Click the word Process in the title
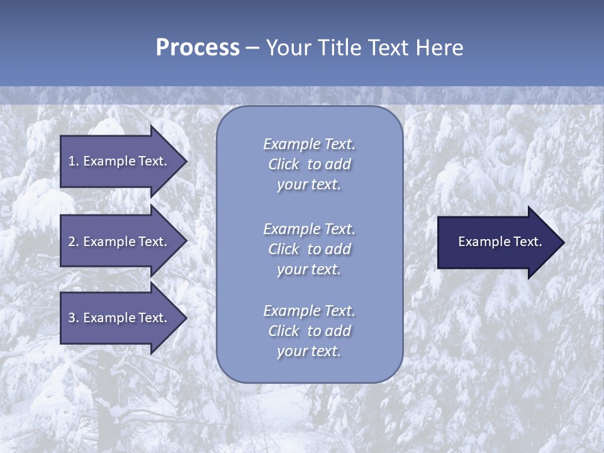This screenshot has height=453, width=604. (198, 48)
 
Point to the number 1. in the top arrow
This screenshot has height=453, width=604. (74, 161)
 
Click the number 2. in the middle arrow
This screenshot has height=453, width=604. (74, 242)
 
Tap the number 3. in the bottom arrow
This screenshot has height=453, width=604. (74, 318)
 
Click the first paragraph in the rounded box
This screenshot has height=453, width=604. (309, 164)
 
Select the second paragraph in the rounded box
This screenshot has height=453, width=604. (309, 249)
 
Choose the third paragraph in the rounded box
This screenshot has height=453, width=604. (309, 331)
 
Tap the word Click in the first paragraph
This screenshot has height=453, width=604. (284, 164)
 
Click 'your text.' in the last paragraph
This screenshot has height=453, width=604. (309, 351)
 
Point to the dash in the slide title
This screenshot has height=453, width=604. (252, 48)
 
